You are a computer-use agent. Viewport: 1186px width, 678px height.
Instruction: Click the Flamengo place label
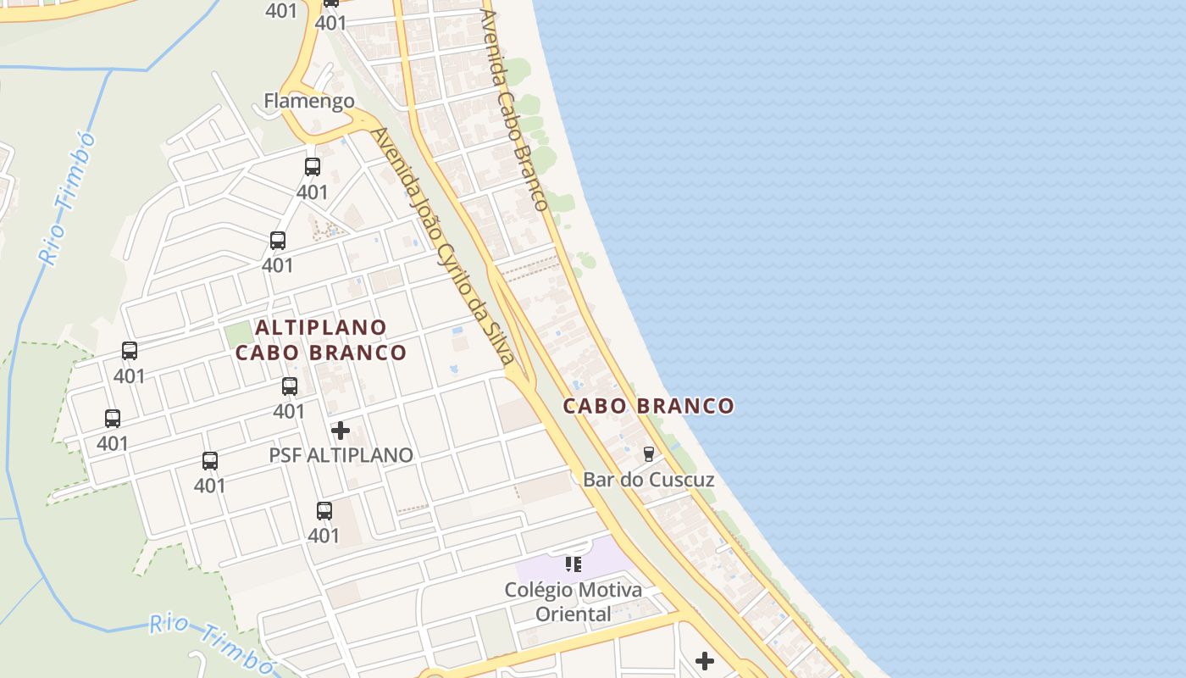pos(308,101)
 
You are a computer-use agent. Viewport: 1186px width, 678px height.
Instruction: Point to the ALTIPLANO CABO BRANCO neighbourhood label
pos(321,339)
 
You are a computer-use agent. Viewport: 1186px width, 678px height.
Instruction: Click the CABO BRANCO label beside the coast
pos(649,406)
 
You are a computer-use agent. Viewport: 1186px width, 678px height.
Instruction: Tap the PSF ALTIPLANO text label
pos(341,455)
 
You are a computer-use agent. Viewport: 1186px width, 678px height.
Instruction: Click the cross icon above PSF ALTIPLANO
pos(341,431)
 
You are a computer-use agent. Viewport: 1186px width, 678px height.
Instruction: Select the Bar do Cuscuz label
pos(648,480)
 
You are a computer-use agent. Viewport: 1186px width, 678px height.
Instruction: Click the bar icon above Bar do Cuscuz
pos(649,454)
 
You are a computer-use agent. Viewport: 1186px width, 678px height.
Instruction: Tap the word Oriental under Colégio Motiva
pos(573,614)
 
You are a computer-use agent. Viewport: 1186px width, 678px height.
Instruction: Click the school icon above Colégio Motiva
pos(574,564)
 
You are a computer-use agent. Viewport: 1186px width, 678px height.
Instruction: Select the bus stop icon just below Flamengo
pos(313,167)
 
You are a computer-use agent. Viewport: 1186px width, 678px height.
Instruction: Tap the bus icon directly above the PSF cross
pos(290,386)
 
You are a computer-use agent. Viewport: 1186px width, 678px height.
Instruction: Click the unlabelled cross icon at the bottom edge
pos(704,660)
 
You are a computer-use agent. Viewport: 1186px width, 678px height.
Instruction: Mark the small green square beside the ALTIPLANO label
pos(239,334)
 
